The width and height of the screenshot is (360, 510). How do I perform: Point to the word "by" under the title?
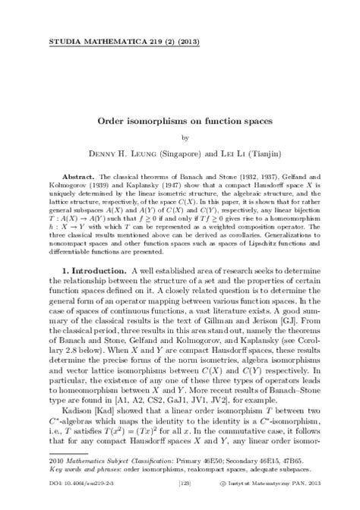pos(180,137)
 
